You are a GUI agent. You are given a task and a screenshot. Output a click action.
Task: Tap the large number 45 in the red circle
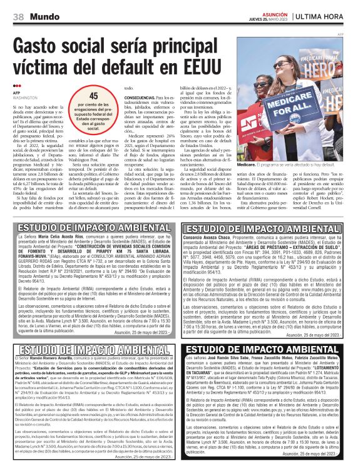pyautogui.click(x=93, y=96)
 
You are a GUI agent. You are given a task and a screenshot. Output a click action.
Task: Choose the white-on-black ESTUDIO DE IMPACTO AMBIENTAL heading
pyautogui.click(x=262, y=348)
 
